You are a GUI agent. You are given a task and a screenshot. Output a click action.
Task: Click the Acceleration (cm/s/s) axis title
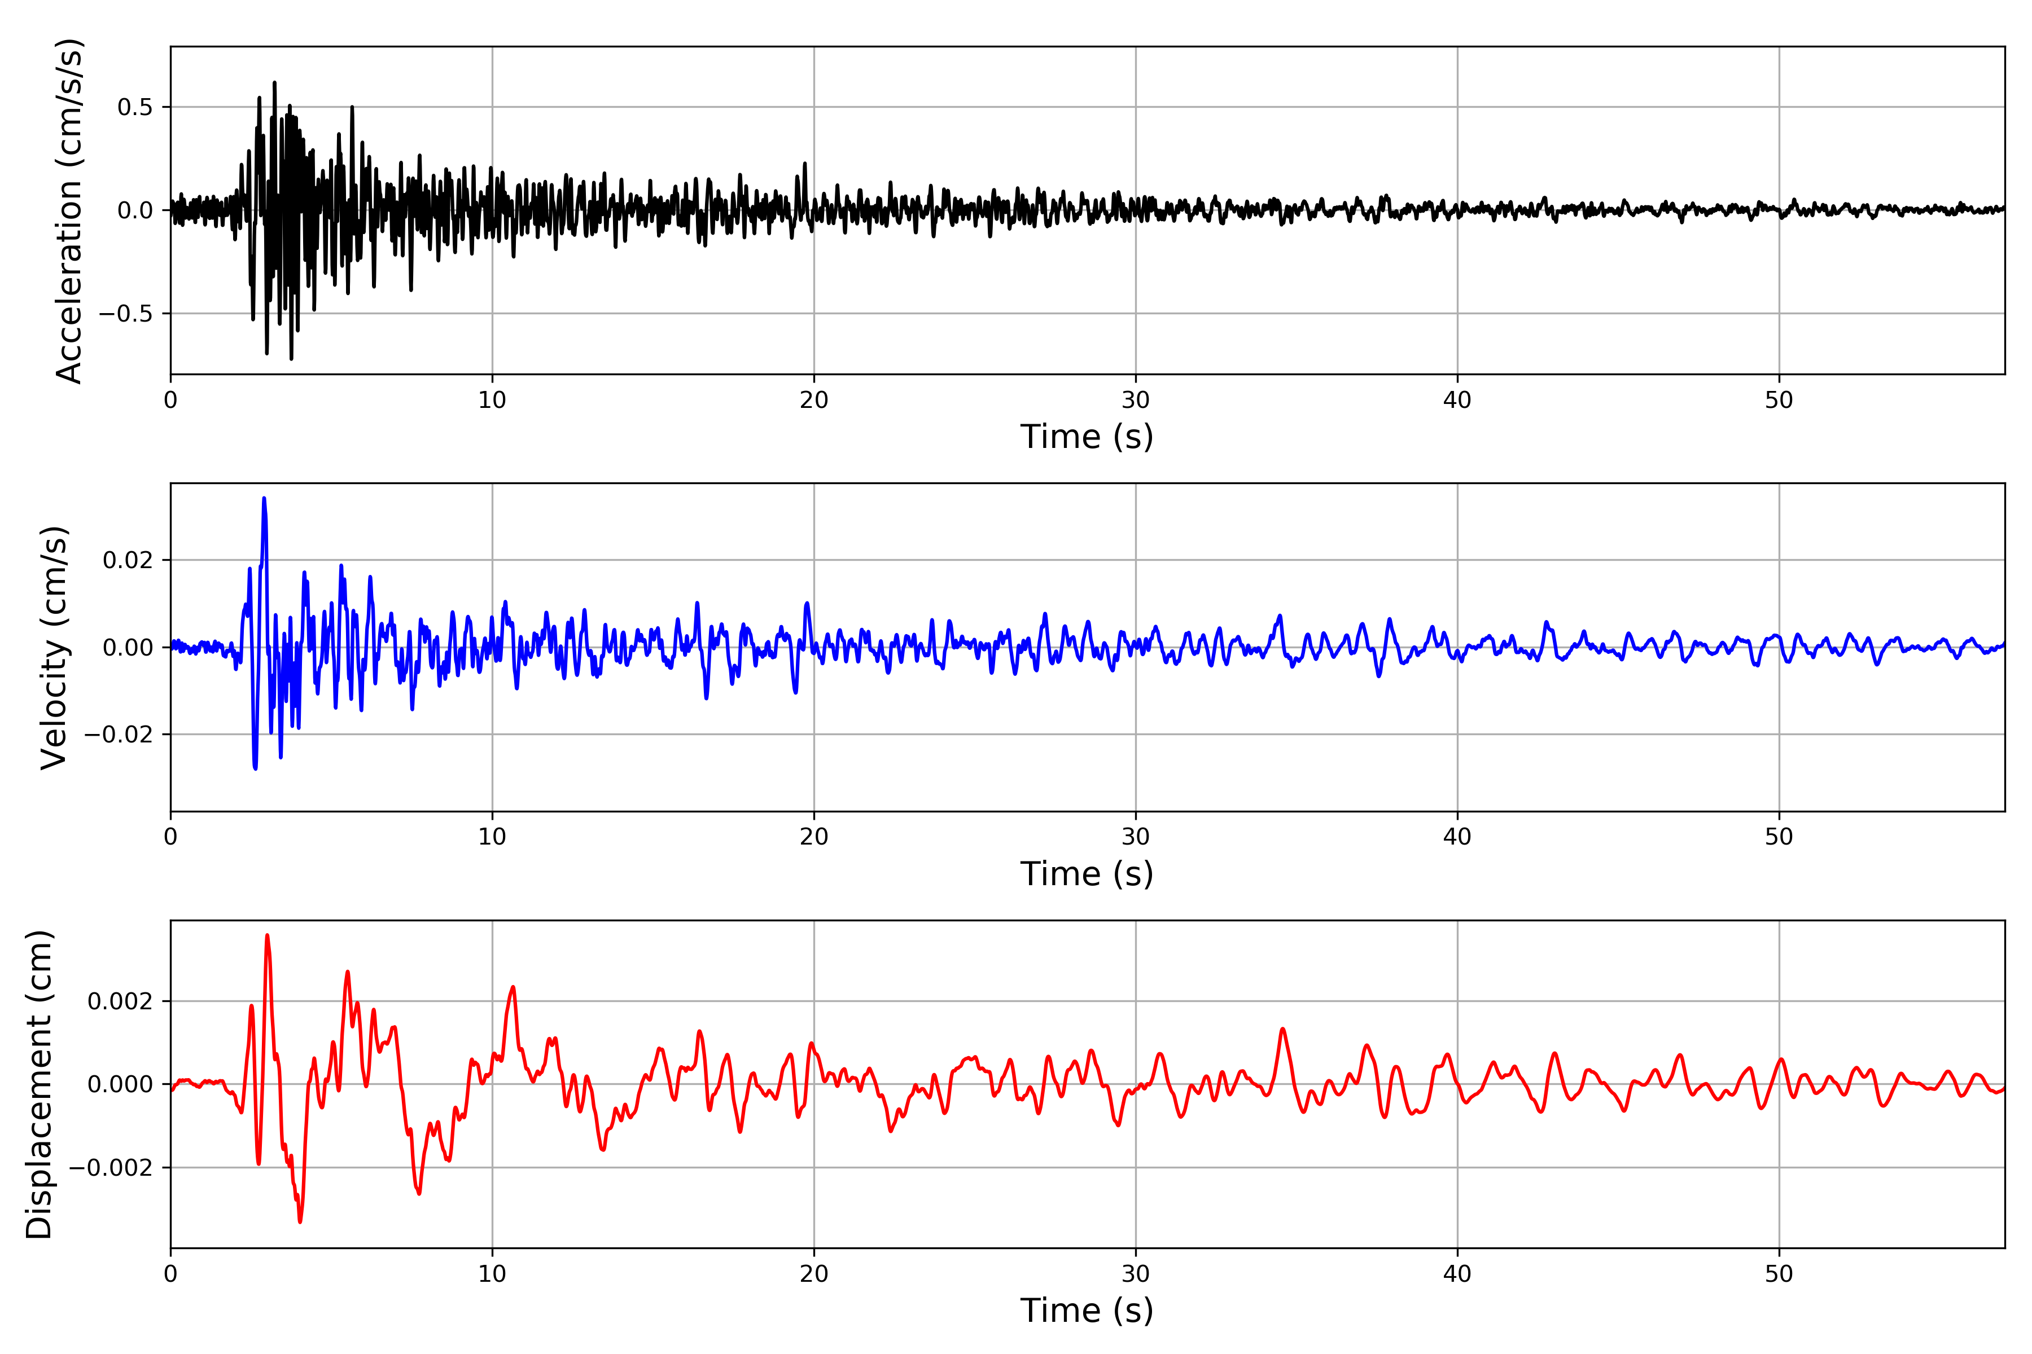pyautogui.click(x=69, y=210)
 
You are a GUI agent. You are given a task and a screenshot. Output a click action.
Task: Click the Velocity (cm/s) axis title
pyautogui.click(x=54, y=648)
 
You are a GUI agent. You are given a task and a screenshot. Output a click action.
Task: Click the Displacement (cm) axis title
pyautogui.click(x=40, y=1084)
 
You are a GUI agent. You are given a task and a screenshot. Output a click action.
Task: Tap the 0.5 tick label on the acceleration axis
pyautogui.click(x=135, y=107)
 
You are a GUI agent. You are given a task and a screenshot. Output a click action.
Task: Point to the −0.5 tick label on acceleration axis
pyautogui.click(x=125, y=314)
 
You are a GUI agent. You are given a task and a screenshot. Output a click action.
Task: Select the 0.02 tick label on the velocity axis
pyautogui.click(x=128, y=560)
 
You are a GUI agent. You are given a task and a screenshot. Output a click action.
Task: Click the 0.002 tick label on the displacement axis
pyautogui.click(x=120, y=1002)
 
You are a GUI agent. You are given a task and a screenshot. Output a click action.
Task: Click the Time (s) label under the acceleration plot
pyautogui.click(x=1087, y=437)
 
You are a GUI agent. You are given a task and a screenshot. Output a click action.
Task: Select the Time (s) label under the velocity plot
pyautogui.click(x=1087, y=874)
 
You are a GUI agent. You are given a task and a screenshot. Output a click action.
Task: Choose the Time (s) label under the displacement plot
pyautogui.click(x=1087, y=1311)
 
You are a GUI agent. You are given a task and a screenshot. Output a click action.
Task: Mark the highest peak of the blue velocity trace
pyautogui.click(x=264, y=498)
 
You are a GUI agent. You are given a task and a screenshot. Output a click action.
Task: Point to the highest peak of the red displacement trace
pyautogui.click(x=267, y=935)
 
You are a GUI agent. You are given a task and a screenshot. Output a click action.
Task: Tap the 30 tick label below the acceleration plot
pyautogui.click(x=1135, y=400)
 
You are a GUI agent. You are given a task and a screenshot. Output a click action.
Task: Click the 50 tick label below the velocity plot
pyautogui.click(x=1779, y=837)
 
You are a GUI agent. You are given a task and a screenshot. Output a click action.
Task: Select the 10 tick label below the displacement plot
pyautogui.click(x=492, y=1274)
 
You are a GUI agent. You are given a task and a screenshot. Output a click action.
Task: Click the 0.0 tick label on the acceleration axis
pyautogui.click(x=135, y=210)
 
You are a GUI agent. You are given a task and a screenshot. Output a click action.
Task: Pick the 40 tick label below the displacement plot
pyautogui.click(x=1457, y=1274)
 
